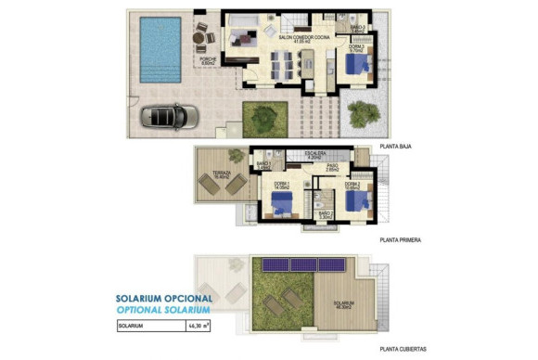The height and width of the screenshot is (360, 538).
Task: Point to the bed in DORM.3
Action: point(355,65)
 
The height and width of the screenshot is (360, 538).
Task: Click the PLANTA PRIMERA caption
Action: point(401,239)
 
